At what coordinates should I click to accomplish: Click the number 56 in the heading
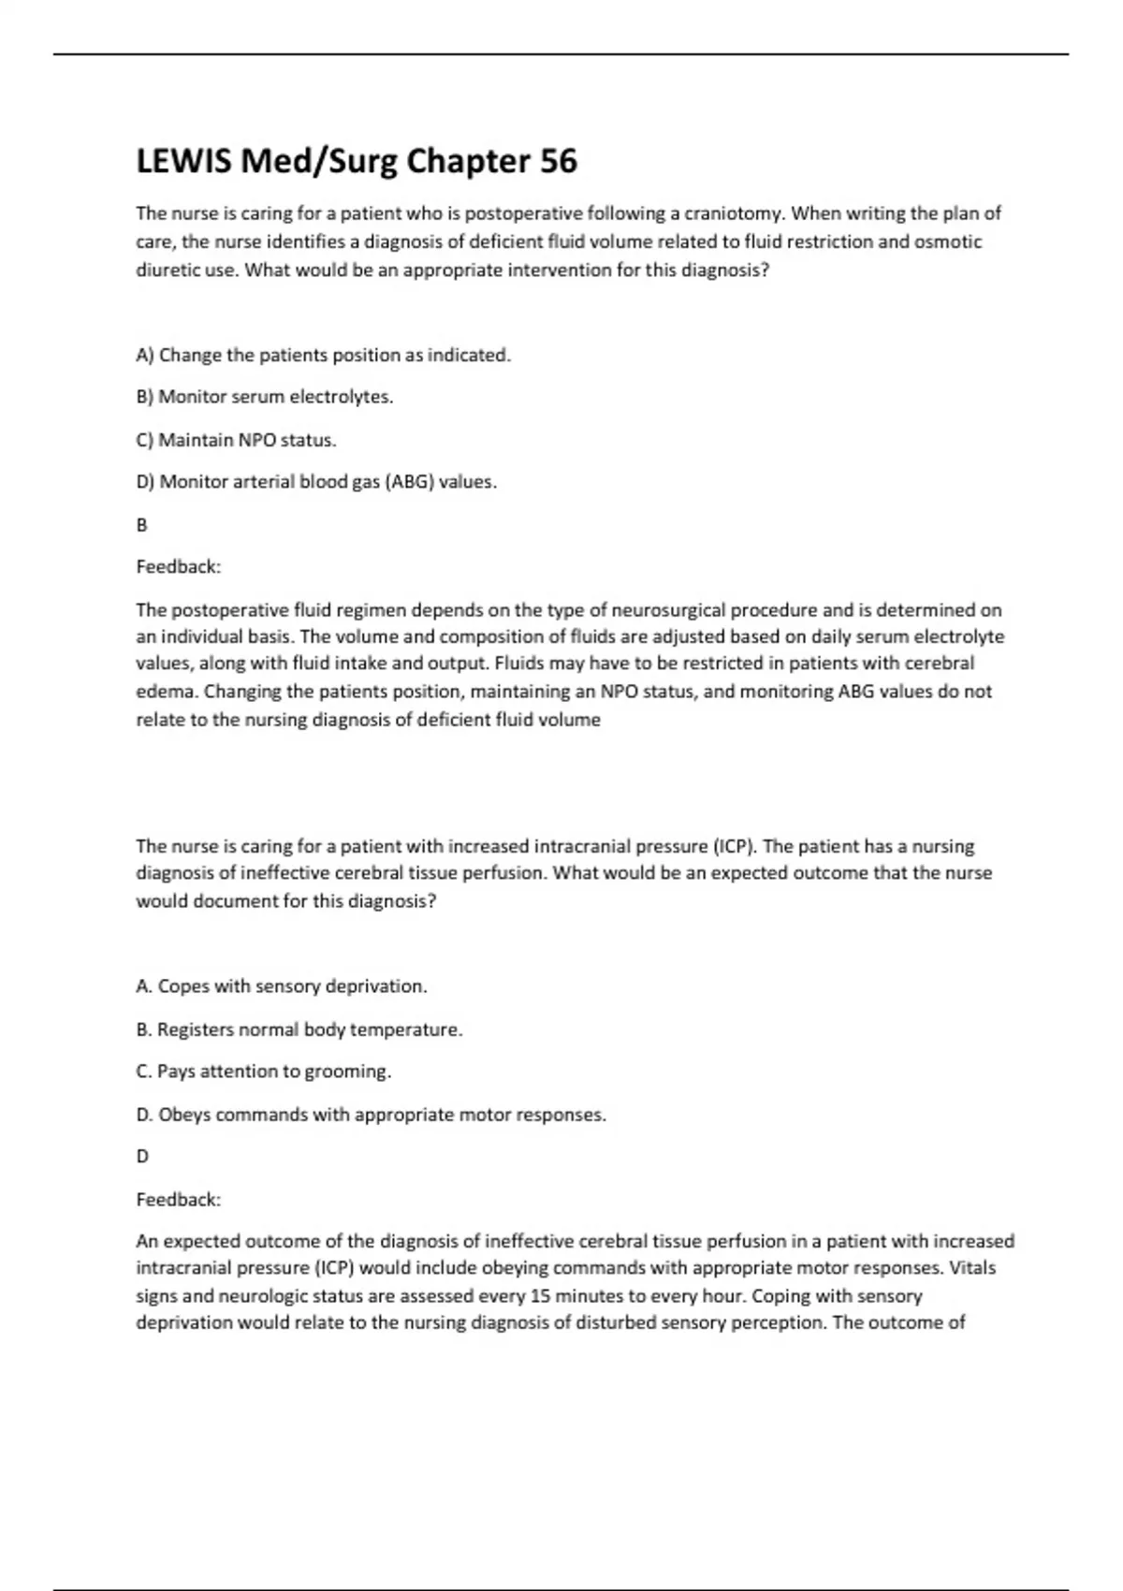click(558, 162)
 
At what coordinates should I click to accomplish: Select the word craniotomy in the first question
click(730, 213)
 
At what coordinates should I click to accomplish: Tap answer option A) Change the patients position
click(324, 356)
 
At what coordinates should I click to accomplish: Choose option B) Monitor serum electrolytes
click(265, 397)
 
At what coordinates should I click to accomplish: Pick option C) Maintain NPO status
click(236, 440)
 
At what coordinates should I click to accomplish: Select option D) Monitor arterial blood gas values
click(316, 482)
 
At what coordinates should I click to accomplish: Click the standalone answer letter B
click(142, 525)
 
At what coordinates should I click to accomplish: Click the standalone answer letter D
click(142, 1157)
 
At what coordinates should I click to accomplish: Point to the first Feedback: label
click(179, 567)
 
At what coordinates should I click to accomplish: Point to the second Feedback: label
click(179, 1199)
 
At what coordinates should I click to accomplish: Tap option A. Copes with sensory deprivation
click(282, 986)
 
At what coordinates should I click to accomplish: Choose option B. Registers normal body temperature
click(299, 1029)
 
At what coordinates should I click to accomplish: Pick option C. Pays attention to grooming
click(264, 1072)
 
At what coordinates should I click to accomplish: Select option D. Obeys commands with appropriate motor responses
click(372, 1115)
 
